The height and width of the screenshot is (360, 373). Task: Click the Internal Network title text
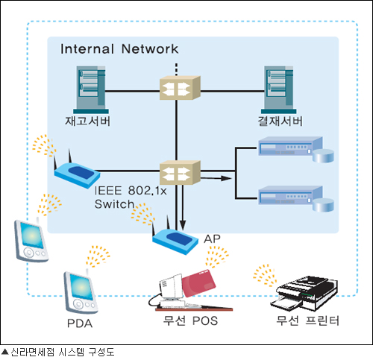pos(119,48)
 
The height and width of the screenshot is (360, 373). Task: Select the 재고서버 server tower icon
pos(91,89)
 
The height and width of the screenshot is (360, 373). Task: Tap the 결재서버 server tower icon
pos(279,89)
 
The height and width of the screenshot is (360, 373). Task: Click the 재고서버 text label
pos(87,121)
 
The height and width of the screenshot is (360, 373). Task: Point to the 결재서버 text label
pos(280,121)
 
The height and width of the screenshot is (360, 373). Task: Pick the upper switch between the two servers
pos(180,88)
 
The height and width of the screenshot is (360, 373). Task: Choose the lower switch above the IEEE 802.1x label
pos(180,172)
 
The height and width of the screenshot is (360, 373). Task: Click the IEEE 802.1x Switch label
pos(131,198)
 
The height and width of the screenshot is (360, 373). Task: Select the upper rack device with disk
pos(296,149)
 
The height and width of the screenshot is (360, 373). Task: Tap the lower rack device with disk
pos(296,199)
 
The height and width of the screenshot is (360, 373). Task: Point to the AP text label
pos(212,239)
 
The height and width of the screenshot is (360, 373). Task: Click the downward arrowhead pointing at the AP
pos(183,225)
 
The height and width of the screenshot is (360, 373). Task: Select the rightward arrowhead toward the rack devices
pos(226,178)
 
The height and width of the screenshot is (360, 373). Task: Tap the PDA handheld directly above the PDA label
pos(81,292)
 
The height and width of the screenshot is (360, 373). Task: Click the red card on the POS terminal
pos(198,283)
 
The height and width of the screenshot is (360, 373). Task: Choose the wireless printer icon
pos(304,293)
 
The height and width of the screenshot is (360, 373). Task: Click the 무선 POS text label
pos(190,320)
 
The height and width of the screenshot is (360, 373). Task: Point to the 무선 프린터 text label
pos(307,320)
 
